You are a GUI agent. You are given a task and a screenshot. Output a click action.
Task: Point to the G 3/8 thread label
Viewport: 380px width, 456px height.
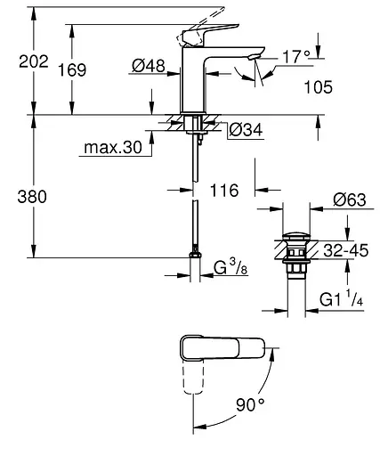tap(231, 268)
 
